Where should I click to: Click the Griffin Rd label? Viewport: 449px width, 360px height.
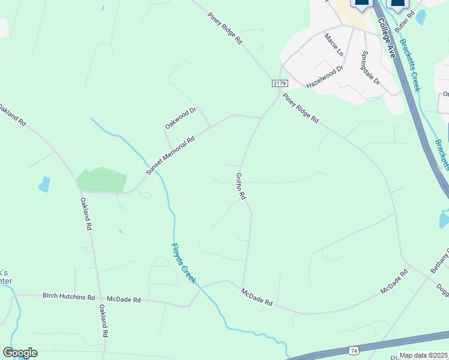click(241, 186)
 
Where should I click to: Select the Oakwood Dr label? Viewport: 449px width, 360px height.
click(181, 118)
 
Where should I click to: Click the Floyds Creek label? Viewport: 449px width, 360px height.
click(184, 263)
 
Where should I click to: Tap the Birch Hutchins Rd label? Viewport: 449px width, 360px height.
click(68, 297)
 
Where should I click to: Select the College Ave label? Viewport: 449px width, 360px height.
click(387, 38)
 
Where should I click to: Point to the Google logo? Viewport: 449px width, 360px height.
click(20, 353)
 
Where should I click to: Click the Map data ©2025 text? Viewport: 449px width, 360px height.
click(423, 355)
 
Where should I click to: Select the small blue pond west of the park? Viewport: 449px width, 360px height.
click(44, 184)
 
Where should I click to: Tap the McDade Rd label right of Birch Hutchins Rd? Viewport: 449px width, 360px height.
click(124, 299)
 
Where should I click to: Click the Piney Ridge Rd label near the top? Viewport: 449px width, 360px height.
click(225, 28)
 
